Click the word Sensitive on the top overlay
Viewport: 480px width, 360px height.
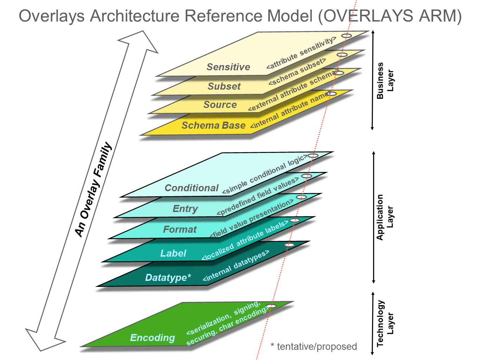(228, 67)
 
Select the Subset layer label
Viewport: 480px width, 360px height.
(224, 86)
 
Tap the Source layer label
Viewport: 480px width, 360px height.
(220, 104)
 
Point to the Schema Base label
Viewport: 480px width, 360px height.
(213, 125)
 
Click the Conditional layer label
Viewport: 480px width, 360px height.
(192, 188)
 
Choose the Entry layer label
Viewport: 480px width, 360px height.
(185, 208)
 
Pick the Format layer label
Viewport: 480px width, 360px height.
(180, 230)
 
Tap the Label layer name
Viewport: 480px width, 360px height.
(173, 253)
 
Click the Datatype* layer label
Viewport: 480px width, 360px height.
(168, 277)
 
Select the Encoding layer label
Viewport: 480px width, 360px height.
(152, 337)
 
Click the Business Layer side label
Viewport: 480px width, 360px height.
(385, 81)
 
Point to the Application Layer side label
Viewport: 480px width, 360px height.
(385, 217)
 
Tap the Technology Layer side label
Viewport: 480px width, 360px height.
(385, 323)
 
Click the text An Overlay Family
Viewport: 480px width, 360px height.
(93, 189)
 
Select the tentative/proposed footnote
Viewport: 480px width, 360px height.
(314, 347)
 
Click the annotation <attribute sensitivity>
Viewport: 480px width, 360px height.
(301, 53)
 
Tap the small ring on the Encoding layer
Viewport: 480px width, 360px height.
(271, 306)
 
